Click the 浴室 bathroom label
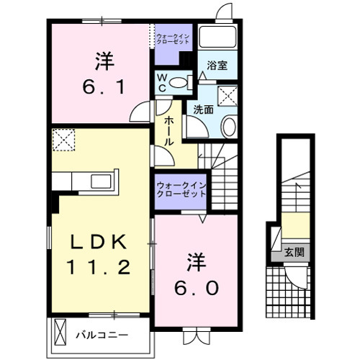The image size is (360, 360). [217, 66]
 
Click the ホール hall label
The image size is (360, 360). [168, 132]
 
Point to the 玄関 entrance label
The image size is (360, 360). [293, 252]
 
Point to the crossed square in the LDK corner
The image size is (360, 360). [63, 141]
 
